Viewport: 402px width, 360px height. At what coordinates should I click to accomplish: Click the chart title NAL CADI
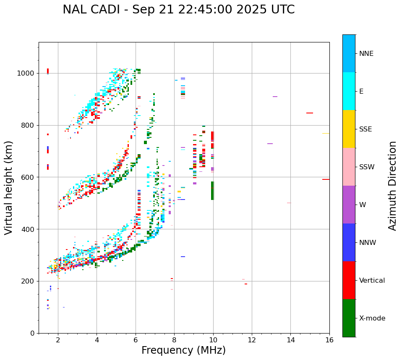click(178, 10)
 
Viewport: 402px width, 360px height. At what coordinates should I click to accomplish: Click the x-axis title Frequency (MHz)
click(183, 350)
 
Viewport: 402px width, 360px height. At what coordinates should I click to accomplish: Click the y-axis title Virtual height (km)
click(9, 187)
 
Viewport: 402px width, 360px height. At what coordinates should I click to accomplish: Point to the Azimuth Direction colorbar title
click(392, 186)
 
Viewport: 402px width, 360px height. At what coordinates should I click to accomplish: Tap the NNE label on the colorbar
click(366, 54)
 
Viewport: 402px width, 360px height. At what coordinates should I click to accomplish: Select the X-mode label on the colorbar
click(372, 318)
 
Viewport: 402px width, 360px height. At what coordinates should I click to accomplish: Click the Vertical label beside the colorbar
click(372, 281)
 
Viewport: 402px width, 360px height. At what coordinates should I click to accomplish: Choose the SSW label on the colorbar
click(367, 167)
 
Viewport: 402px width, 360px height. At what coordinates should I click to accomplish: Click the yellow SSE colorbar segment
click(349, 129)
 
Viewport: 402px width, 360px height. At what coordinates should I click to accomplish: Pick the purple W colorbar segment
click(349, 205)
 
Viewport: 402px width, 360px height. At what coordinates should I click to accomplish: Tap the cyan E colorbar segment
click(349, 91)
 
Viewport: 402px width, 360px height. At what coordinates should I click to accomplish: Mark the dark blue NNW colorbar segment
click(349, 242)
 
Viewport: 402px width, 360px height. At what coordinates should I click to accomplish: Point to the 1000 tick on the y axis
click(26, 74)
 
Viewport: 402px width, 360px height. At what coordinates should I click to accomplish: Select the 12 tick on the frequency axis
click(252, 339)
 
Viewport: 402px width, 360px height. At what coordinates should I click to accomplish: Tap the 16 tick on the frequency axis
click(329, 339)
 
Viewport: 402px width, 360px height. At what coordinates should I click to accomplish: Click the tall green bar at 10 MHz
click(212, 191)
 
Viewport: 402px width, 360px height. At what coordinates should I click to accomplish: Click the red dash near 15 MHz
click(310, 113)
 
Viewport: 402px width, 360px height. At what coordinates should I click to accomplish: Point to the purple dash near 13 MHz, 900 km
click(275, 97)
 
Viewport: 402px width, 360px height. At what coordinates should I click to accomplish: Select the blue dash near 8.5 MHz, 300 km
click(183, 257)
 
